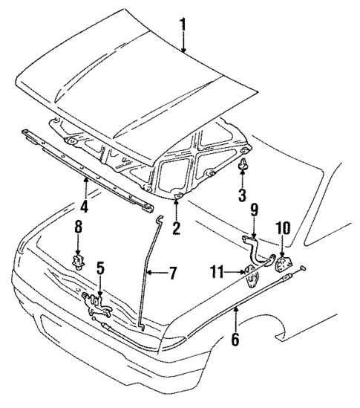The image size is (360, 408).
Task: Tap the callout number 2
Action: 176,229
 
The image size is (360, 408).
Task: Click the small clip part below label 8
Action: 76,261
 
